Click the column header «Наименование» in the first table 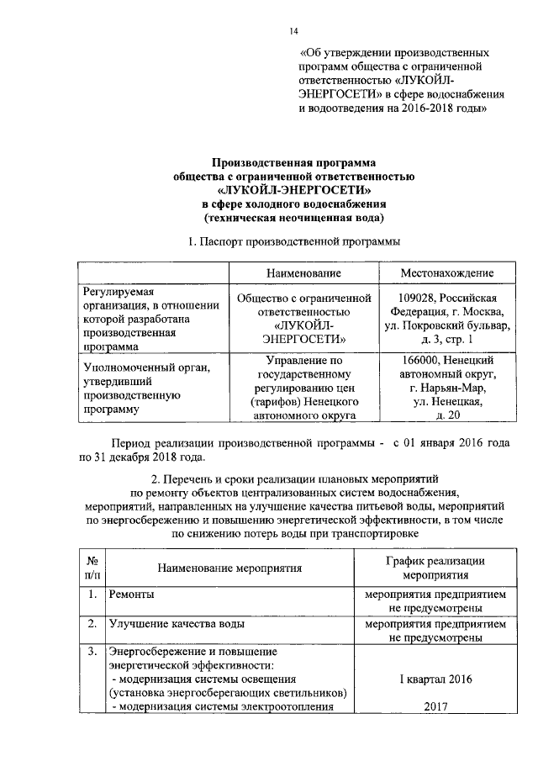click(x=303, y=274)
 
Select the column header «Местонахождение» click(x=446, y=274)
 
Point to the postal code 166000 click(x=419, y=361)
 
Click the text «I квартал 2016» click(x=435, y=678)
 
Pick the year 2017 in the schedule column click(x=435, y=707)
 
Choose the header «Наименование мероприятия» click(x=229, y=568)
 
